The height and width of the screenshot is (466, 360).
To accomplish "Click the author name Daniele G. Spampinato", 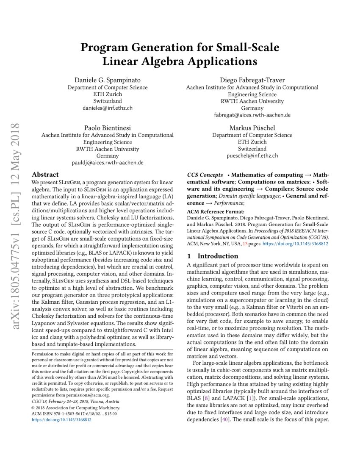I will coord(108,80).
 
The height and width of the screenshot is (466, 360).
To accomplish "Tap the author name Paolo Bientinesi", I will coord(107,128).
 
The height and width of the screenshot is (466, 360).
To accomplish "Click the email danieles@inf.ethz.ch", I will coord(108,108).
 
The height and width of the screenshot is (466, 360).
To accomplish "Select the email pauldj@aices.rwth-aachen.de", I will coord(107,163).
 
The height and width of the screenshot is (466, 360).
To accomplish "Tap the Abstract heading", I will coord(45,175).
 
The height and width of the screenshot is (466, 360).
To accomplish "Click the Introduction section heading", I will coord(218,256).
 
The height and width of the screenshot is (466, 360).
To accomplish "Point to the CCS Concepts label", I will coord(205,175).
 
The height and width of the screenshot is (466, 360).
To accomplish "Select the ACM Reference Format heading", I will coord(216,211).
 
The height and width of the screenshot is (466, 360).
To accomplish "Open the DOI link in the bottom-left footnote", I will coord(62,420).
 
